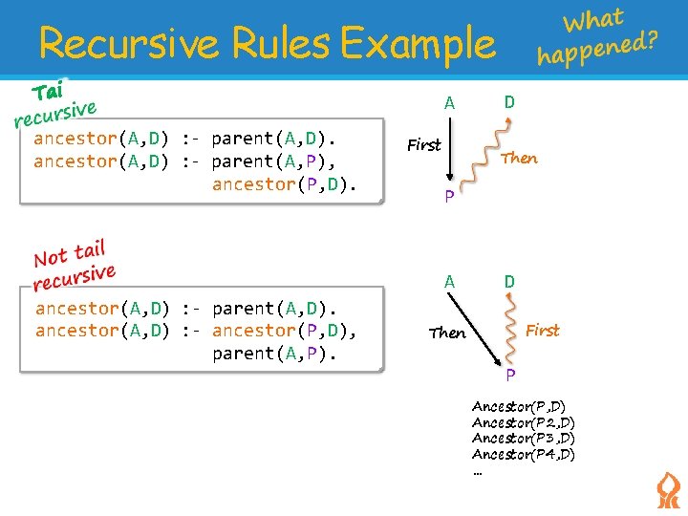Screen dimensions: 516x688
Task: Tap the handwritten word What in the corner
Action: [593, 19]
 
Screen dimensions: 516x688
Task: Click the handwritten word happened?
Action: [598, 49]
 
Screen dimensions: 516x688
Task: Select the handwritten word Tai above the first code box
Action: [47, 92]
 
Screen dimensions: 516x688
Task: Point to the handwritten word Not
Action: [51, 256]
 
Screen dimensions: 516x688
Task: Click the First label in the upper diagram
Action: [424, 145]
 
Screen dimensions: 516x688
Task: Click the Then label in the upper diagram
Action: [519, 159]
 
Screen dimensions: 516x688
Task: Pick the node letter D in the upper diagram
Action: [510, 101]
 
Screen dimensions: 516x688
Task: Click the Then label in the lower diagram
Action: [447, 333]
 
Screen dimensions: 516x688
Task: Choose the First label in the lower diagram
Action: [543, 330]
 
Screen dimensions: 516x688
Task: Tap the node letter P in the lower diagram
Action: [511, 374]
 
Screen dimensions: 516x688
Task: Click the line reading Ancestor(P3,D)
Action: [523, 438]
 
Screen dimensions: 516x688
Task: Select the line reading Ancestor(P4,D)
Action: [523, 454]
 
